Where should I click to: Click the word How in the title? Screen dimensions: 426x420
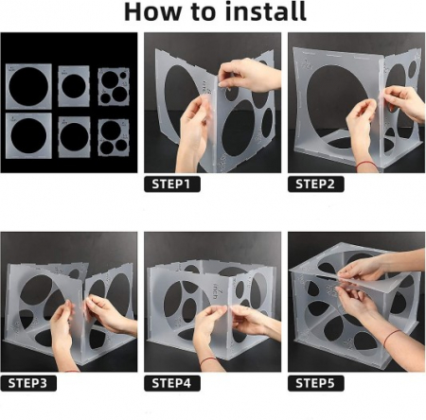(x=152, y=11)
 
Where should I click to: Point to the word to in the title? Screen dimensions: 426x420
(x=204, y=12)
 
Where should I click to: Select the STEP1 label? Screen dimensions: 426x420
(x=172, y=184)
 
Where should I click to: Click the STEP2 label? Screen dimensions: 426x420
(x=315, y=184)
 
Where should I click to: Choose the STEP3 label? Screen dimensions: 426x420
(x=28, y=383)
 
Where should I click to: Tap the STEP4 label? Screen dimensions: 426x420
(x=172, y=383)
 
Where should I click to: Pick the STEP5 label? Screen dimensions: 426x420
(x=315, y=383)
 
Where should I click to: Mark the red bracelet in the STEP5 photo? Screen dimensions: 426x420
(x=391, y=338)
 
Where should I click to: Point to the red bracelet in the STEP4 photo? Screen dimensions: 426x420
(x=207, y=359)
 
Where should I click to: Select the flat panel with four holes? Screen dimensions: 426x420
(x=114, y=87)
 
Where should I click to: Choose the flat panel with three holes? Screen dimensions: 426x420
(x=114, y=137)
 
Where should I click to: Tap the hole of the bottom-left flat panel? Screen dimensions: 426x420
(x=28, y=135)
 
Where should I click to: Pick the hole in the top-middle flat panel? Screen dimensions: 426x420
(x=74, y=86)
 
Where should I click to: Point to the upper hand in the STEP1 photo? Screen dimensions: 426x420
(x=248, y=76)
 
